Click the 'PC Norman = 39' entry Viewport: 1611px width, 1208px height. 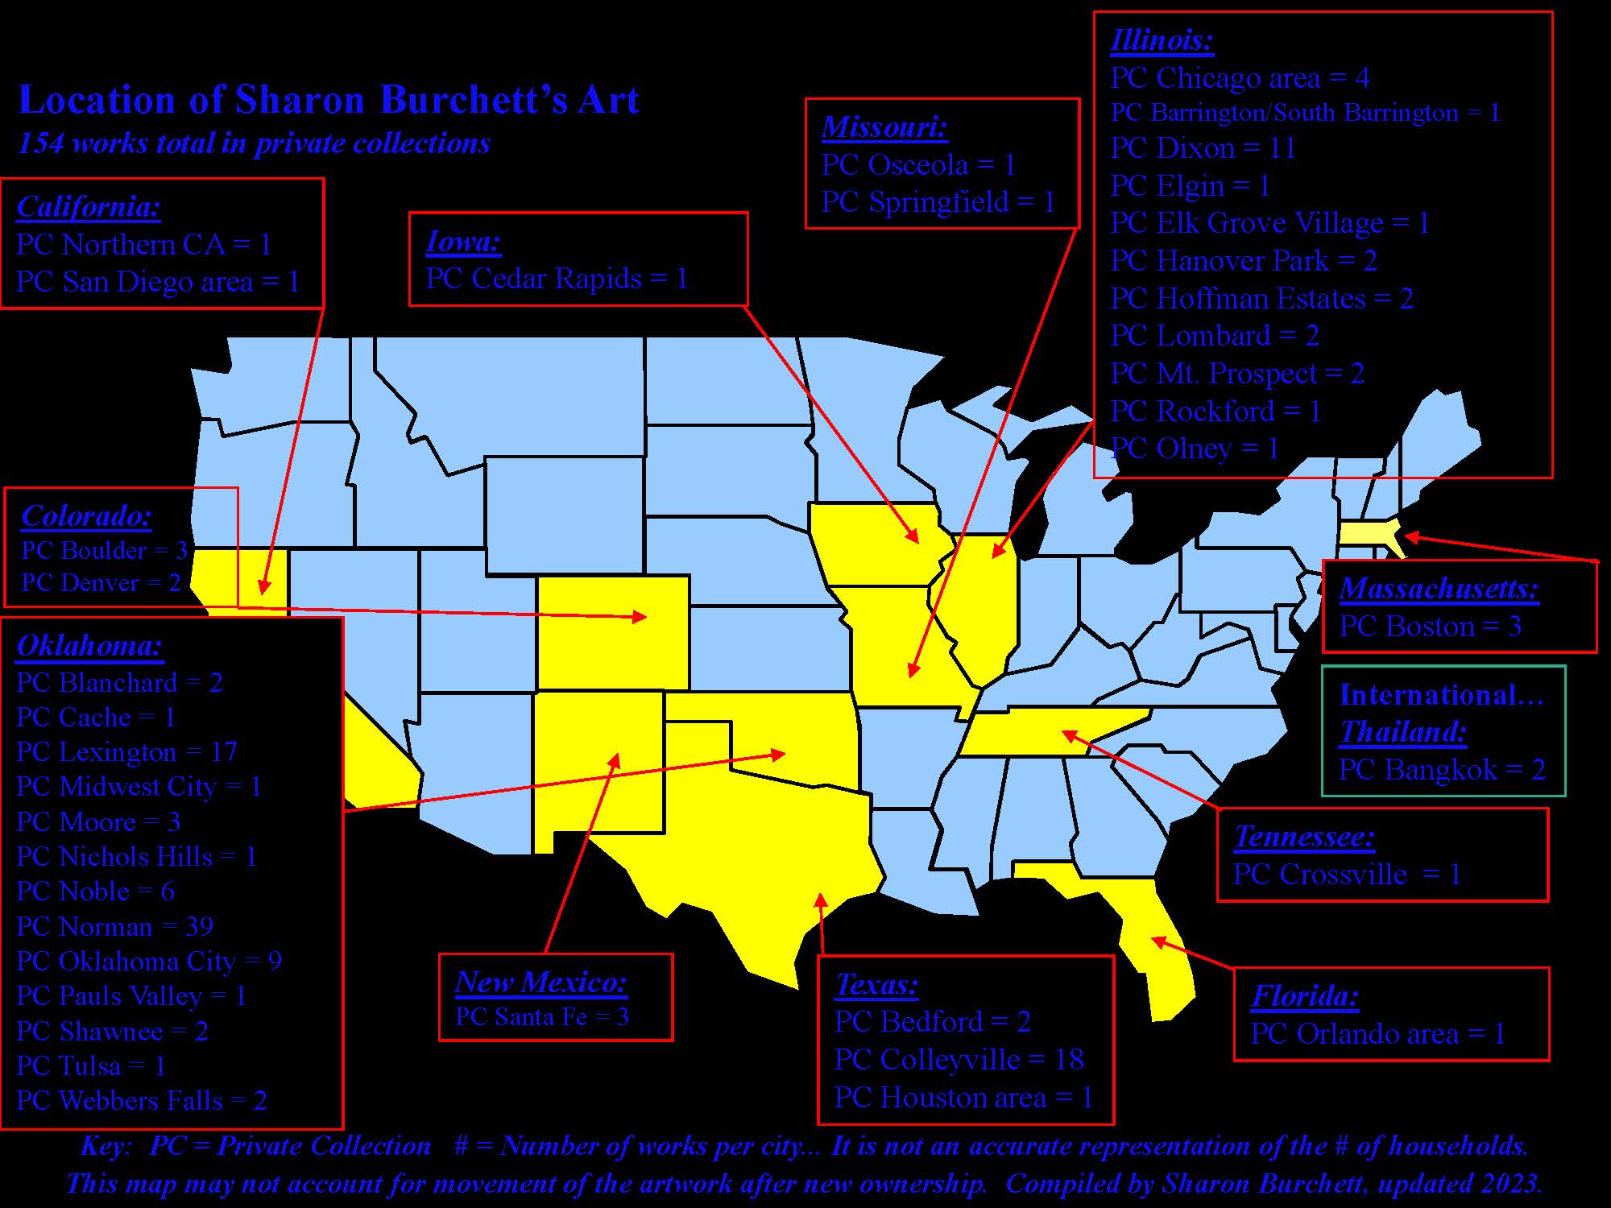[114, 926]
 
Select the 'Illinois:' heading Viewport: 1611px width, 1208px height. [1161, 39]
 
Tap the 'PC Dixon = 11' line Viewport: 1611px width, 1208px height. [1203, 148]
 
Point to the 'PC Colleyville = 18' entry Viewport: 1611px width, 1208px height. [959, 1059]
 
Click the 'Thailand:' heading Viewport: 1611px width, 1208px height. [1402, 731]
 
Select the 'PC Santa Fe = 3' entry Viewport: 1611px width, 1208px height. [541, 1016]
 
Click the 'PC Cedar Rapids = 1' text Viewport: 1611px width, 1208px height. [557, 279]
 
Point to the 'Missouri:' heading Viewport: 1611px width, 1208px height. [884, 126]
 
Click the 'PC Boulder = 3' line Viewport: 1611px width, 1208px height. [104, 550]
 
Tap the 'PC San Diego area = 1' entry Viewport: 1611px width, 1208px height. [158, 282]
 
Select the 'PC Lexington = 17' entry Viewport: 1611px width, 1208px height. [126, 752]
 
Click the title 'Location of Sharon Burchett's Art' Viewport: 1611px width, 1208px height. [329, 100]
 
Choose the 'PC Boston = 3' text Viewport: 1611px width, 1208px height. [1430, 627]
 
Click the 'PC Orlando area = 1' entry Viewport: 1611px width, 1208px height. [1377, 1034]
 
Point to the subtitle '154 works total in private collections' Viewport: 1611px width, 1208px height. [254, 143]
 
